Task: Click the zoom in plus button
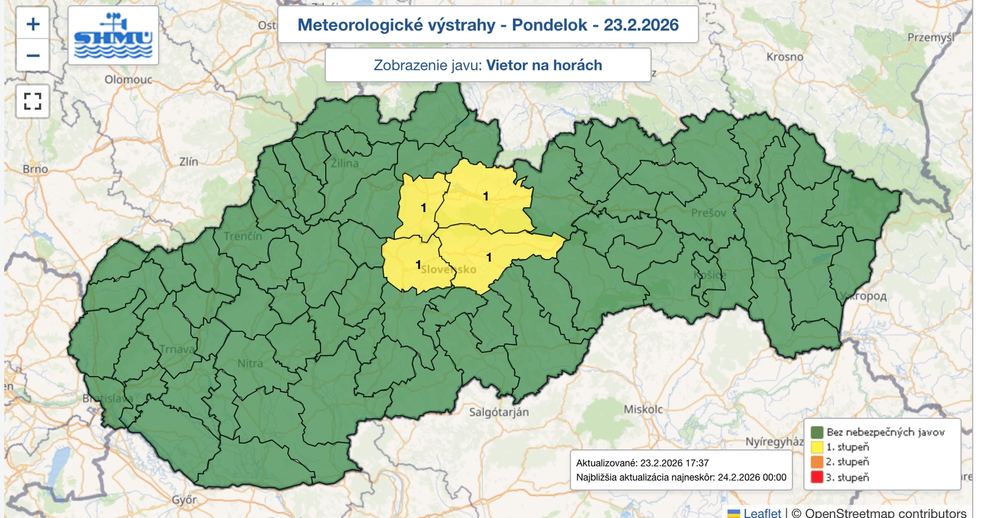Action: tap(33, 24)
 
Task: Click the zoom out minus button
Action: tap(33, 56)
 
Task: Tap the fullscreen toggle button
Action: tap(33, 101)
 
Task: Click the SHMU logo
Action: tap(113, 36)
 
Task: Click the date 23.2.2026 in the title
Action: tap(641, 25)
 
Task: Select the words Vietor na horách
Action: tap(544, 65)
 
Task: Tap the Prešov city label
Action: tap(708, 213)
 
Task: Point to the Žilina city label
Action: tap(344, 163)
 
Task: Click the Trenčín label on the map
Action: tap(243, 236)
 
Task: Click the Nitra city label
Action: tap(250, 363)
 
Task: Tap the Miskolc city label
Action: tap(643, 409)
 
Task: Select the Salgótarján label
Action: tap(499, 412)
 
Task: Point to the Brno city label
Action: tap(35, 169)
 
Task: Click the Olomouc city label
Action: tap(128, 79)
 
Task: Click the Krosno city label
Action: tap(784, 57)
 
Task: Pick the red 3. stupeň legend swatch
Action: tap(817, 477)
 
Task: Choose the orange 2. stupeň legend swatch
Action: tap(817, 462)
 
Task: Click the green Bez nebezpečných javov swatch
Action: tap(817, 432)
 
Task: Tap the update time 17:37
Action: tap(697, 462)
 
